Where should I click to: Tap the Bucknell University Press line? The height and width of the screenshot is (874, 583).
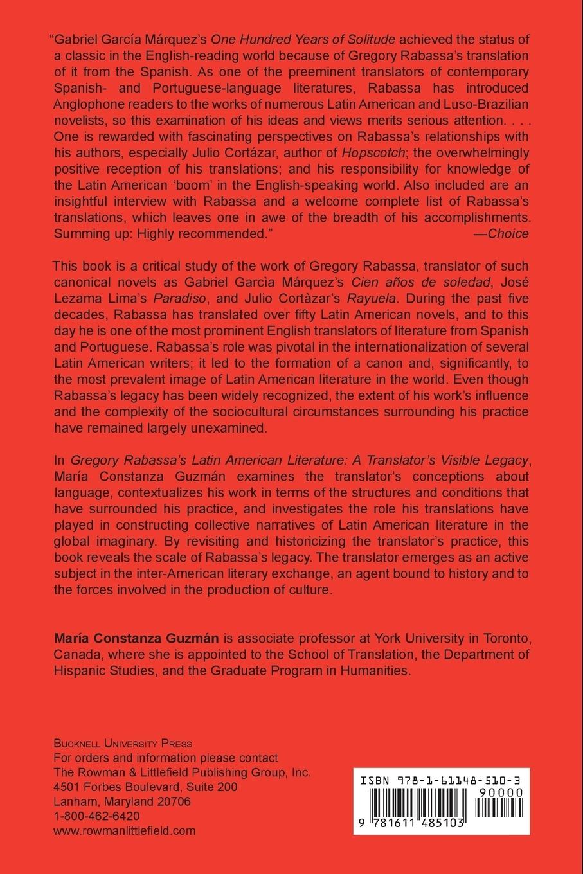(123, 744)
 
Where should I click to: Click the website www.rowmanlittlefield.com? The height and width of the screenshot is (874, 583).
(124, 830)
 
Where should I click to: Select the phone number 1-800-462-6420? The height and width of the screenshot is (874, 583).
(97, 816)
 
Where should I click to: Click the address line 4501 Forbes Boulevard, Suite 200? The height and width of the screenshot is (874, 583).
(145, 787)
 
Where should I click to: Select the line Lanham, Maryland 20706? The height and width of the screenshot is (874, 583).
(122, 801)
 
